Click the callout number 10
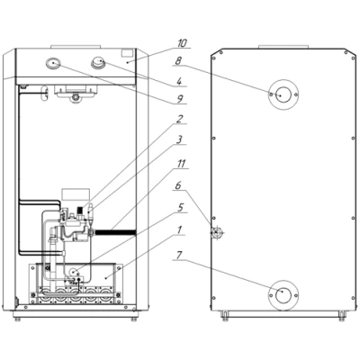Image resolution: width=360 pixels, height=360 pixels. click(x=182, y=43)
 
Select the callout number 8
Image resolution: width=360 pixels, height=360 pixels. click(x=178, y=61)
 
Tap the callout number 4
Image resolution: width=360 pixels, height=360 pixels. click(x=179, y=82)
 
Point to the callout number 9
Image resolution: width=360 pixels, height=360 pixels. click(x=180, y=99)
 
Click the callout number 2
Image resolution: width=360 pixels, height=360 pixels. click(x=179, y=119)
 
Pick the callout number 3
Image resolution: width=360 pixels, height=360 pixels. click(x=179, y=139)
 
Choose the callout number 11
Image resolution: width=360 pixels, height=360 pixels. click(x=181, y=164)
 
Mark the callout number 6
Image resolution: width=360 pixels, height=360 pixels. click(x=178, y=185)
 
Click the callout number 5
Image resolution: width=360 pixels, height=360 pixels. click(x=180, y=208)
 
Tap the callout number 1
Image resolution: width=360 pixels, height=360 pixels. click(x=179, y=230)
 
